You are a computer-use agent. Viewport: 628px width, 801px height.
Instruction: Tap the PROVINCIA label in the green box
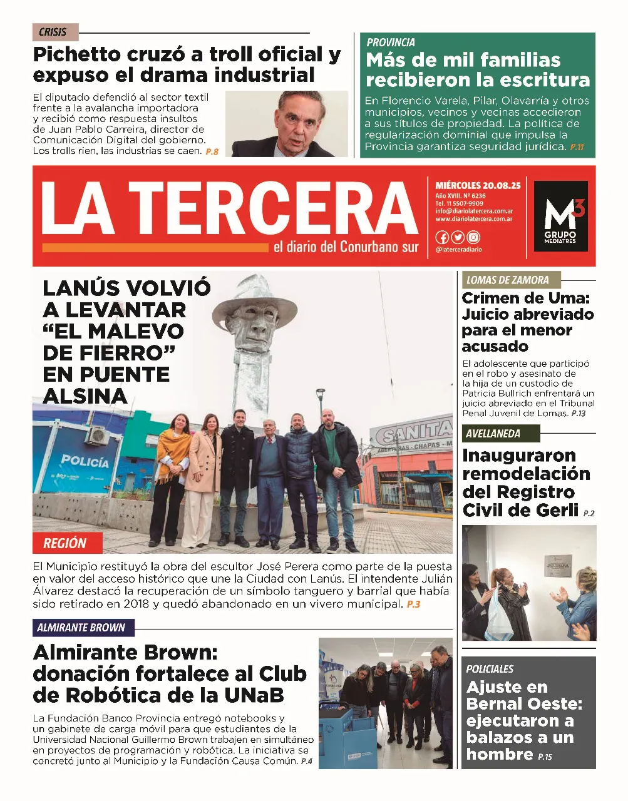pos(391,43)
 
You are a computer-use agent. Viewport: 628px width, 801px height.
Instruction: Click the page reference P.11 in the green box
pos(576,147)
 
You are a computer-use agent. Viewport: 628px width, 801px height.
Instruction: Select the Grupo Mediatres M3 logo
pos(560,216)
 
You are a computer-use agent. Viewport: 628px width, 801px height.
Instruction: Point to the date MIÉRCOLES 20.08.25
pos(478,186)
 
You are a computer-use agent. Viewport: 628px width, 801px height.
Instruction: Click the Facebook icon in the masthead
pos(442,237)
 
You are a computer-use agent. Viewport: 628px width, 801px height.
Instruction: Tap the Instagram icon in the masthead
pos(473,237)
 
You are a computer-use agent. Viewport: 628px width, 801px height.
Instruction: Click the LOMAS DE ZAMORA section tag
pos(507,280)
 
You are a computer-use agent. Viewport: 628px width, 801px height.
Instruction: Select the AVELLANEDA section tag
pos(493,434)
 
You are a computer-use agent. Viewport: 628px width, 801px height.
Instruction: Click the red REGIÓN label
pos(64,543)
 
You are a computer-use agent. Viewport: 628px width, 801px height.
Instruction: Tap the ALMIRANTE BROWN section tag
pos(81,628)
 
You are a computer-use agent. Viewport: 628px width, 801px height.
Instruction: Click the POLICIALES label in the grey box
pos(490,669)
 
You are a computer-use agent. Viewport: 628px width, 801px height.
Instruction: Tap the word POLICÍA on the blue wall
pos(85,462)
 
